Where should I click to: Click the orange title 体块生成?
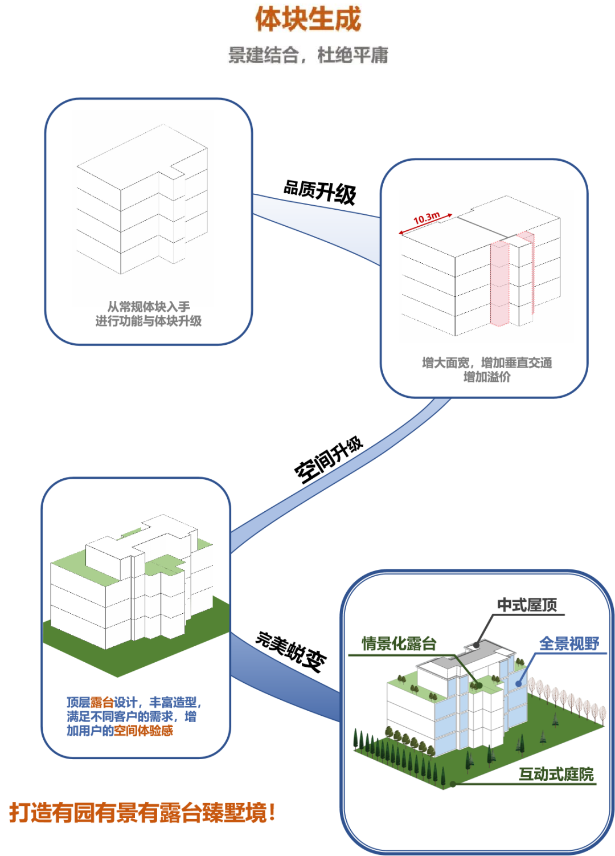coord(308,18)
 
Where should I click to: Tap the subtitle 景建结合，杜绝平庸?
coord(308,55)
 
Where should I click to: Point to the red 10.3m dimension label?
coord(427,218)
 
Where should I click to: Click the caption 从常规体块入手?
coord(149,307)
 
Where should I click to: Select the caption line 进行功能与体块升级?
coord(149,321)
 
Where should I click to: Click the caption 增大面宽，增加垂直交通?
coord(487,362)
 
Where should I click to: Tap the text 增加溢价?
coord(487,377)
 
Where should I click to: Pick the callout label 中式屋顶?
coord(527,605)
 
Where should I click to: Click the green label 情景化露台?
coord(399,644)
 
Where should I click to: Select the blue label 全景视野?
coord(569,644)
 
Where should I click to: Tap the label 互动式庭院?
coord(556,775)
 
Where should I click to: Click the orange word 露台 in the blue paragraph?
coord(102,703)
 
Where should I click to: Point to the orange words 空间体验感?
coord(143,731)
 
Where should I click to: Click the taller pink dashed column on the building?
coord(499,283)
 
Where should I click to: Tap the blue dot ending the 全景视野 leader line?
coord(518,683)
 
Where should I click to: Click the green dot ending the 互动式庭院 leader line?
coord(453,784)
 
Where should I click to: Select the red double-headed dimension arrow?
coord(426,224)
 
